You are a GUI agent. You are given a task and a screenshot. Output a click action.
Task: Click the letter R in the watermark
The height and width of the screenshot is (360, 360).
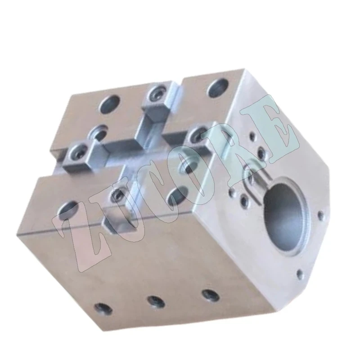(228, 144)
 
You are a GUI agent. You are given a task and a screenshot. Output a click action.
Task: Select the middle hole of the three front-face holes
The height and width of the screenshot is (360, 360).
(154, 300)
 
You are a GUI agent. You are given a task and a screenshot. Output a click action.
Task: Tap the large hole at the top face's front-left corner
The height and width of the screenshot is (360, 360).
(68, 208)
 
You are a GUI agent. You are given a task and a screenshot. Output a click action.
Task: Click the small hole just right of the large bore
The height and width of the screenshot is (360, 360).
(320, 214)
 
